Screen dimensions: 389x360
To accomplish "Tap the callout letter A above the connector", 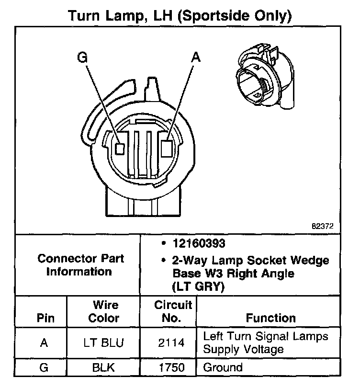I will coord(195,57).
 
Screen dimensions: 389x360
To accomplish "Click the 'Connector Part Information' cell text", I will coord(80,265).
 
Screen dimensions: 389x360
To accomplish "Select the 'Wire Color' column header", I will coord(106,311).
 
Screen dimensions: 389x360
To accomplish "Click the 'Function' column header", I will coord(270,318).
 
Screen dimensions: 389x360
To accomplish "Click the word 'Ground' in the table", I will coord(223,368).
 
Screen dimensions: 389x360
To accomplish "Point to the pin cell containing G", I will coord(44,368).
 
